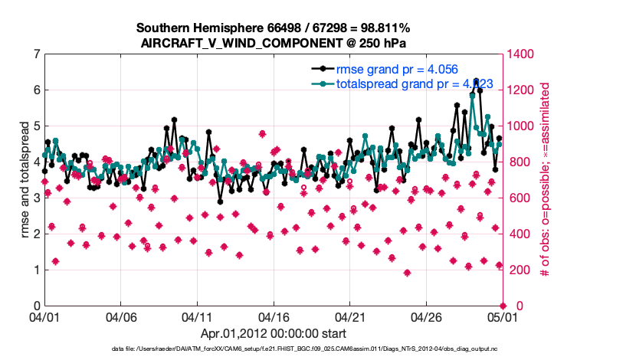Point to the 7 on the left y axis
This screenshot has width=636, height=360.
pyautogui.click(x=36, y=54)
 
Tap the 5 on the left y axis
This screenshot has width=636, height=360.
pyautogui.click(x=36, y=126)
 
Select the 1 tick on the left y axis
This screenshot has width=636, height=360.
pyautogui.click(x=36, y=270)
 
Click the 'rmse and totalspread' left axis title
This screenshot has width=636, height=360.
pyautogui.click(x=24, y=180)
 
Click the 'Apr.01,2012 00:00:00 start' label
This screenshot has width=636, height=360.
pyautogui.click(x=274, y=333)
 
